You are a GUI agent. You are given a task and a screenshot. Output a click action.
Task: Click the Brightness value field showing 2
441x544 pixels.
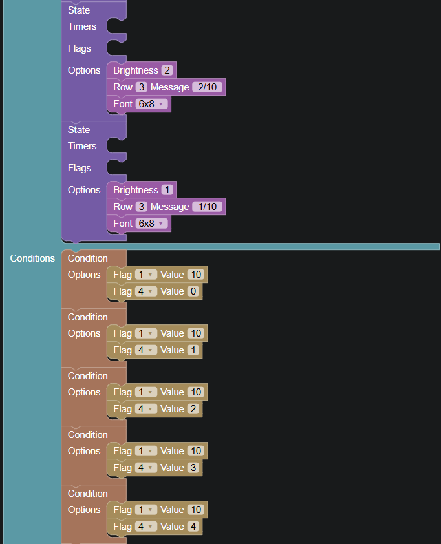[x=167, y=70]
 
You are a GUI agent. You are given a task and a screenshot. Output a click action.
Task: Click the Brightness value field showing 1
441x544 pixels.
[x=167, y=190]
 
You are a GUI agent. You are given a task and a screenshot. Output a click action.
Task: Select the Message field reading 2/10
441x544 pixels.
[x=208, y=87]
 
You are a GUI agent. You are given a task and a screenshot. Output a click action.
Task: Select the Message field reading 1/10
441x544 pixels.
[x=208, y=207]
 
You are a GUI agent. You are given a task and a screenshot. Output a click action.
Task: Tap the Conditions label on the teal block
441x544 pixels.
[x=32, y=258]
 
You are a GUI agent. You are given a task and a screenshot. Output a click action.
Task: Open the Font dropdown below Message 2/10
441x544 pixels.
[x=151, y=104]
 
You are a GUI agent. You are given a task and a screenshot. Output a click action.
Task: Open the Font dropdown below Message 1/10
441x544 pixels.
[x=151, y=224]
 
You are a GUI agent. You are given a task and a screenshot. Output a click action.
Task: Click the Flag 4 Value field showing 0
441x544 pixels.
[x=193, y=291]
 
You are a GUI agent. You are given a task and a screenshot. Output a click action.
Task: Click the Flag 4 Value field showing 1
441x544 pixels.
[x=193, y=350]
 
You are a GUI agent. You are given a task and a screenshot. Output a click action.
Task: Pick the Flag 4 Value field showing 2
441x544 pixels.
[x=193, y=409]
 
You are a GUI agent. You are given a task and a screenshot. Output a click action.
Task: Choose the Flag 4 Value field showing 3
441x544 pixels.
[x=193, y=468]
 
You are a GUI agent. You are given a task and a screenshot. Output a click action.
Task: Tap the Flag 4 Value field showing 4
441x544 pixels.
[x=193, y=527]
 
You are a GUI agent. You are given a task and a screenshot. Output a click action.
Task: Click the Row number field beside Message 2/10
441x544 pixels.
[x=142, y=87]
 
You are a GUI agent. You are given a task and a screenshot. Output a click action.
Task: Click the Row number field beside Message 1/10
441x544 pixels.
[x=142, y=207]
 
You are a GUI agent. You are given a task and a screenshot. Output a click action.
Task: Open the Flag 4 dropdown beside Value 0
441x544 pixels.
[x=146, y=291]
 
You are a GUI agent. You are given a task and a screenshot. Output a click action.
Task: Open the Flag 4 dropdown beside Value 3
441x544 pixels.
[x=146, y=468]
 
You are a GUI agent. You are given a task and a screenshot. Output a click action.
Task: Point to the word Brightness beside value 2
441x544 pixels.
[x=136, y=70]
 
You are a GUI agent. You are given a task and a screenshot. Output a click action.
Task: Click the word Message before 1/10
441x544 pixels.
[x=170, y=207]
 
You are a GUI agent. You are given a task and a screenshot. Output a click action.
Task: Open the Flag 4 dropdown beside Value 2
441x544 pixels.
[x=146, y=409]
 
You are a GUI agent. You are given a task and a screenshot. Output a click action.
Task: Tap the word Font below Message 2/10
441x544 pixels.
[x=123, y=104]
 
